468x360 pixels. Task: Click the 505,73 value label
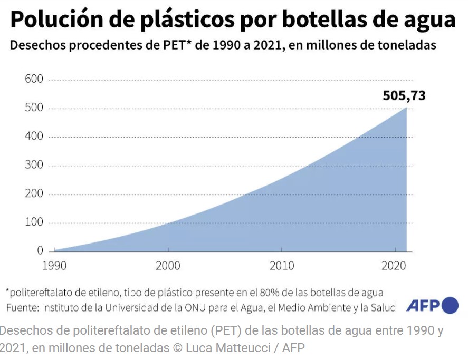point(404,96)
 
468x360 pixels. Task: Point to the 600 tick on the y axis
point(33,80)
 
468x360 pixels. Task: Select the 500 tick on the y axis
point(33,109)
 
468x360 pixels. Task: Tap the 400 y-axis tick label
point(33,137)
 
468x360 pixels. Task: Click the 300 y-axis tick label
point(33,166)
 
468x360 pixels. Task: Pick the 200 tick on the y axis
point(33,194)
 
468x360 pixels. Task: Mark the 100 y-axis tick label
point(33,222)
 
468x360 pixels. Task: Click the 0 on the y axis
point(40,251)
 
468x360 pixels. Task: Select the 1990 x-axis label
point(54,266)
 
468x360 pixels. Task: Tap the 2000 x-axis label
point(168,266)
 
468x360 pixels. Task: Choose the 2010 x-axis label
point(282,266)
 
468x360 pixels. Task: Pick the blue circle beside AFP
point(450,306)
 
